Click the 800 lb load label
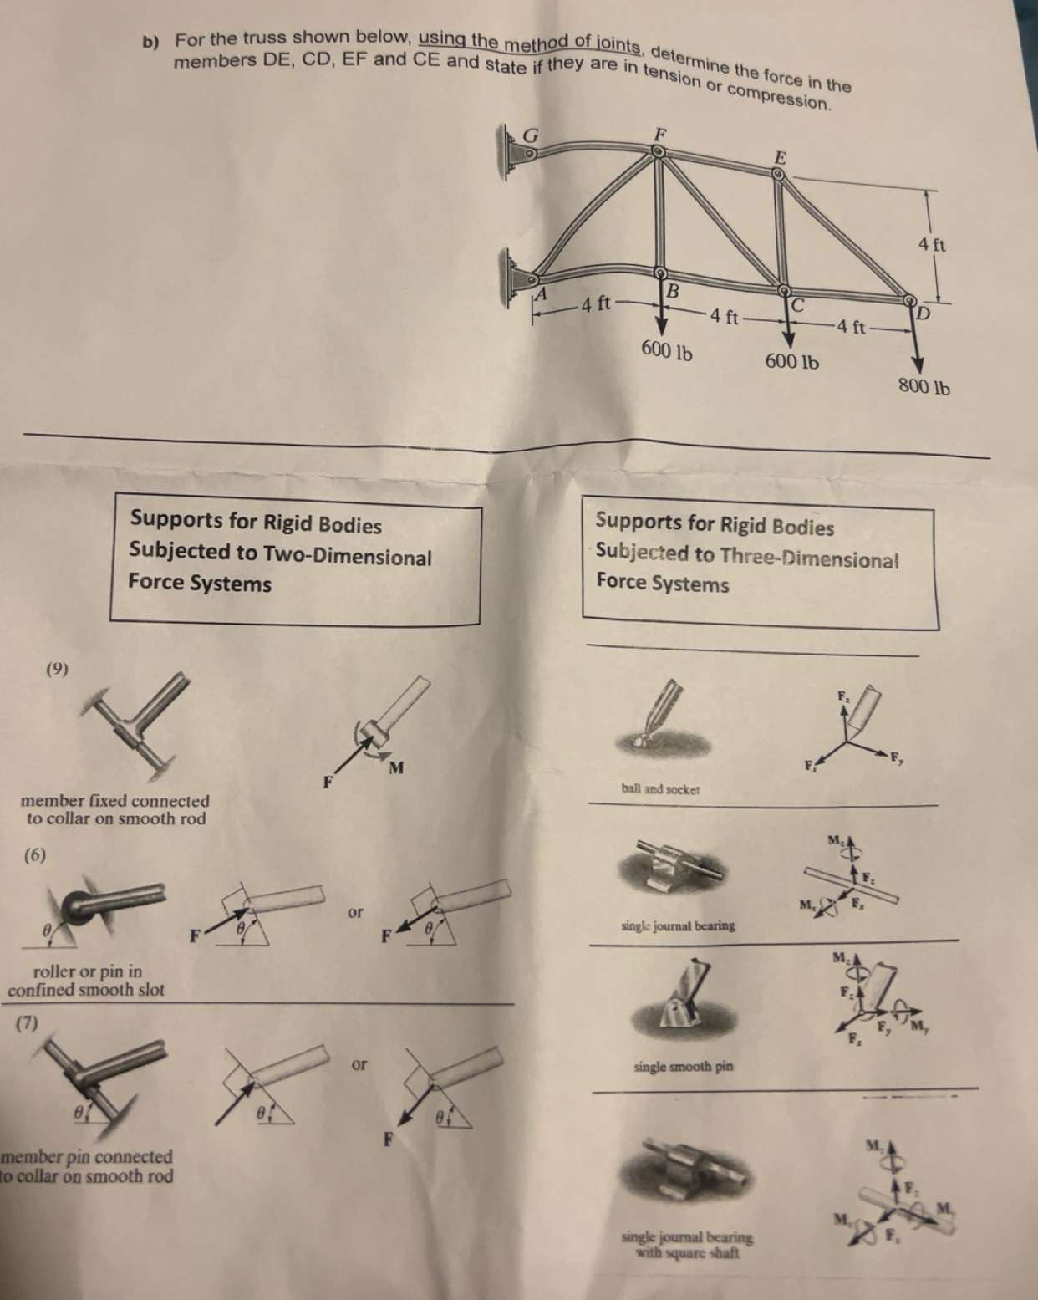[x=924, y=387]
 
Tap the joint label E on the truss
[x=780, y=156]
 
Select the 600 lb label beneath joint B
[x=666, y=351]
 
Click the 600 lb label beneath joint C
[x=791, y=362]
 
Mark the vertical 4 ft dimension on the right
[x=931, y=245]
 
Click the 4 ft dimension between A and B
[x=597, y=303]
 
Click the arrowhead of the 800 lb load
[x=918, y=364]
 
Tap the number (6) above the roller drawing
[x=35, y=854]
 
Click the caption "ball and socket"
[x=660, y=789]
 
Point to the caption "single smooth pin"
[x=684, y=1067]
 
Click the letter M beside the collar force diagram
[x=396, y=767]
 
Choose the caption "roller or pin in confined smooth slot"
[x=86, y=981]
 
